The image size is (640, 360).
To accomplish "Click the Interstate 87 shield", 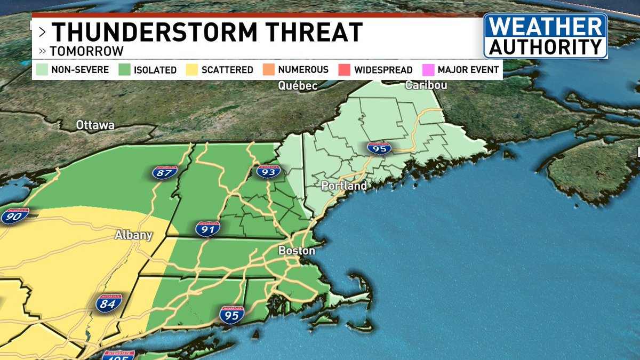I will pos(164,173).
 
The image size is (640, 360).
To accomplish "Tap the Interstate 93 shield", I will pos(268,171).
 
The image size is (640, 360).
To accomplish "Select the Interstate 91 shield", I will pos(207,229).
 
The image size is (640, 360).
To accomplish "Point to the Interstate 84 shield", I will pos(109,302).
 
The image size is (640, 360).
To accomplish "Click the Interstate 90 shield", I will pos(12,216).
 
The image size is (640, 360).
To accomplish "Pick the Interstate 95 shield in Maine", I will pos(379,149).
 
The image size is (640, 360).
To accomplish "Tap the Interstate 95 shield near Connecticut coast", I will pos(231,314).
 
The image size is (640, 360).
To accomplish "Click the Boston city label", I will pos(297,251).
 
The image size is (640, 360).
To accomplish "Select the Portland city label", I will pos(343,186).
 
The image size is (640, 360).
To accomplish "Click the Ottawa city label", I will pos(95,125).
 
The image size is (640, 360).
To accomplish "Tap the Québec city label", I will pos(298,85).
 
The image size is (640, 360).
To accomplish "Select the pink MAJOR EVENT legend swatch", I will pos(427,70).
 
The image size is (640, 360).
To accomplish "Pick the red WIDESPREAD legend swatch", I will pos(344,70).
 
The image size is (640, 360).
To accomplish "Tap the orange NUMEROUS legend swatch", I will pos(268,70).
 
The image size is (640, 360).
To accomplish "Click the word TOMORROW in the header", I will pos(86,52).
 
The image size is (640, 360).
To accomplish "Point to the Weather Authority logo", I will pos(545,36).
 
